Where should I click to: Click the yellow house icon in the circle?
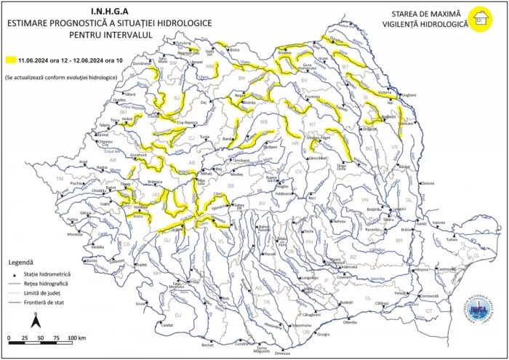479,20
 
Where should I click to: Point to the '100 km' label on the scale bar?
76,339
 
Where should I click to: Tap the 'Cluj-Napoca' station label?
190,123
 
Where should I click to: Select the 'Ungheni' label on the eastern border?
409,95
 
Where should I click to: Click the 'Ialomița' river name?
377,279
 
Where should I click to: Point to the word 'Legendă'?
21,260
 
